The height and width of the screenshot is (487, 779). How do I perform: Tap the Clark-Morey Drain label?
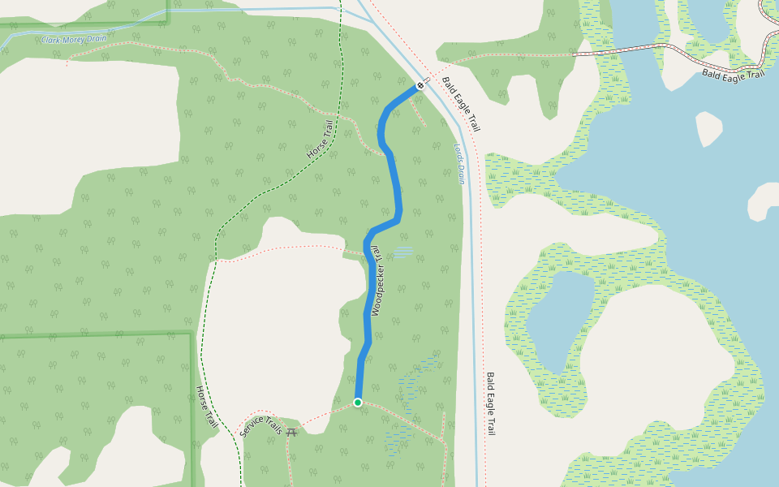[74, 39]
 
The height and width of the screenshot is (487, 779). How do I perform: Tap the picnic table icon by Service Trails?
[292, 430]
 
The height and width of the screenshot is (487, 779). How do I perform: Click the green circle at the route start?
[358, 402]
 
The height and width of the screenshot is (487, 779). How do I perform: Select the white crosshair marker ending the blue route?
[420, 85]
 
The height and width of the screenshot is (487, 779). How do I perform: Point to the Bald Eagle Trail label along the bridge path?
[734, 75]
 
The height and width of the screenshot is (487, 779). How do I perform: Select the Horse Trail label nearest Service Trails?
[207, 407]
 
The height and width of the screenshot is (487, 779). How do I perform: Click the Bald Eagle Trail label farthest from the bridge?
[490, 404]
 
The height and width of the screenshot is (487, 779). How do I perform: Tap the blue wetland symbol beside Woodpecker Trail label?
[403, 252]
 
